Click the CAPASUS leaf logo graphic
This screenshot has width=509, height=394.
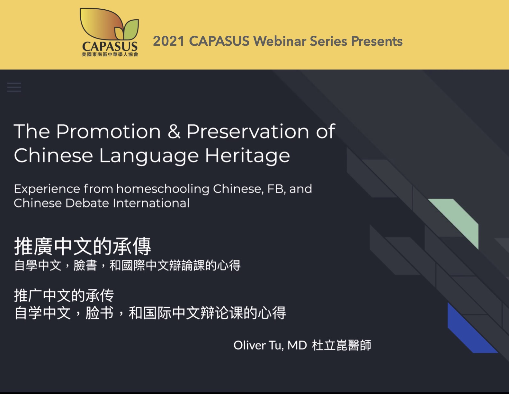point(109,24)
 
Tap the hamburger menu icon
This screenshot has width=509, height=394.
point(14,87)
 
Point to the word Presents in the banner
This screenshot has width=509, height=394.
point(377,41)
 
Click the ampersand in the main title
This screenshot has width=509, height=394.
point(174,131)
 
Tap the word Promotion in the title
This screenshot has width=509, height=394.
point(108,131)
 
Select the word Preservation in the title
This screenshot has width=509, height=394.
point(247,131)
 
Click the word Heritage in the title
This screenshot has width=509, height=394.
point(247,155)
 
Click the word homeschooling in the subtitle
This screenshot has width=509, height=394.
point(163,189)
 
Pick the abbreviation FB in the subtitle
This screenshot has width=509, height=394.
point(276,189)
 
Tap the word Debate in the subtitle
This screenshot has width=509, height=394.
point(87,203)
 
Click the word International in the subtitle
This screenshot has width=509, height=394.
point(151,203)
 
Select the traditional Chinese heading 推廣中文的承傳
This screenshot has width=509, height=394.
point(83,246)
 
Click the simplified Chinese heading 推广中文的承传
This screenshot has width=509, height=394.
point(64,296)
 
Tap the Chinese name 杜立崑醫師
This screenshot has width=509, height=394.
point(342,345)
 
